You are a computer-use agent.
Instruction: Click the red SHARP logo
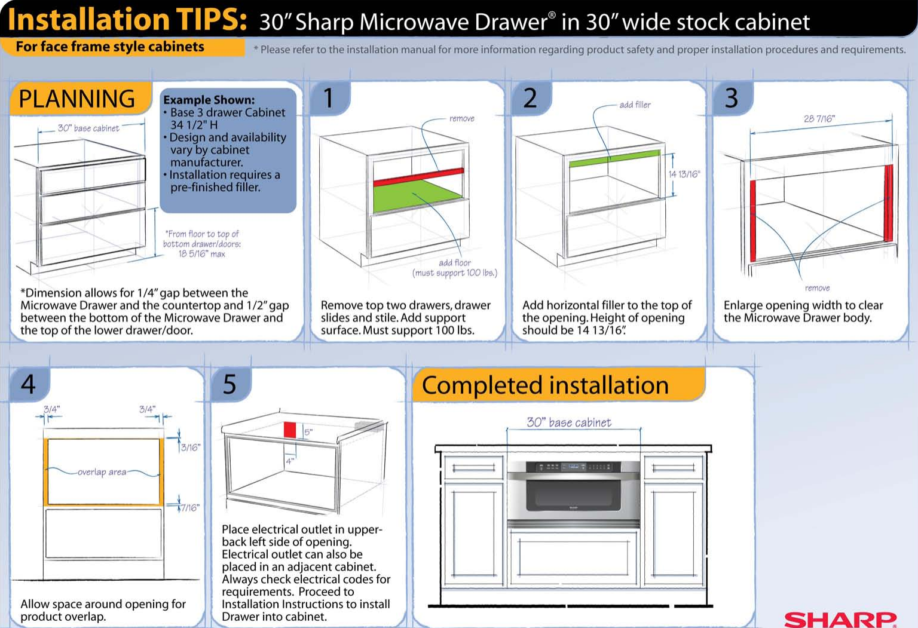[x=840, y=620]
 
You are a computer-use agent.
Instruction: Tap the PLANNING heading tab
[x=80, y=99]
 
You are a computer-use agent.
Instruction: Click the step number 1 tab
[x=330, y=99]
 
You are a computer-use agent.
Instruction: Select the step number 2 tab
[x=531, y=99]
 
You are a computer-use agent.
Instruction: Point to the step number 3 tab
[x=733, y=99]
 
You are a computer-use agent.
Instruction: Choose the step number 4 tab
[x=29, y=385]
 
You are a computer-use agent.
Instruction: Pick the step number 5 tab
[x=231, y=385]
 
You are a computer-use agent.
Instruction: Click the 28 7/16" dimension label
[x=819, y=119]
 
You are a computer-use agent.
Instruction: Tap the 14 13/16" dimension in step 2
[x=684, y=174]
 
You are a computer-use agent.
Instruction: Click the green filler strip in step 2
[x=615, y=158]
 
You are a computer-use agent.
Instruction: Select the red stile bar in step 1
[x=418, y=177]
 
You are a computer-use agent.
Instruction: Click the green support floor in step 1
[x=418, y=196]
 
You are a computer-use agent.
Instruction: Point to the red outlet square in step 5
[x=290, y=430]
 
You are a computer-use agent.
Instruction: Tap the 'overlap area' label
[x=102, y=472]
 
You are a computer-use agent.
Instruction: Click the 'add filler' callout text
[x=635, y=105]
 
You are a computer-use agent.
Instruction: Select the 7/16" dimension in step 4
[x=191, y=508]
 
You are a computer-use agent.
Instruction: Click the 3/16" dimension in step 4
[x=191, y=448]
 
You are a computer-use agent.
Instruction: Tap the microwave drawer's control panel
[x=574, y=467]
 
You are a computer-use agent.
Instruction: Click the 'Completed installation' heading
[x=545, y=385]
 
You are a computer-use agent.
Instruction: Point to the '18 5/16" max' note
[x=201, y=254]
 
